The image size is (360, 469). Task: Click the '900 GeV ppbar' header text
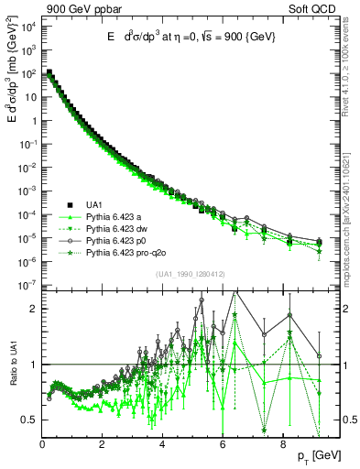[x=81, y=7]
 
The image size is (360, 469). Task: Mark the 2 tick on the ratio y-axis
[x=33, y=309]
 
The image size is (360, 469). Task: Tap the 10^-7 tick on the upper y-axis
[x=27, y=286]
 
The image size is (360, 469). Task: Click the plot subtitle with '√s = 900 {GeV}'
[x=190, y=37]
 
